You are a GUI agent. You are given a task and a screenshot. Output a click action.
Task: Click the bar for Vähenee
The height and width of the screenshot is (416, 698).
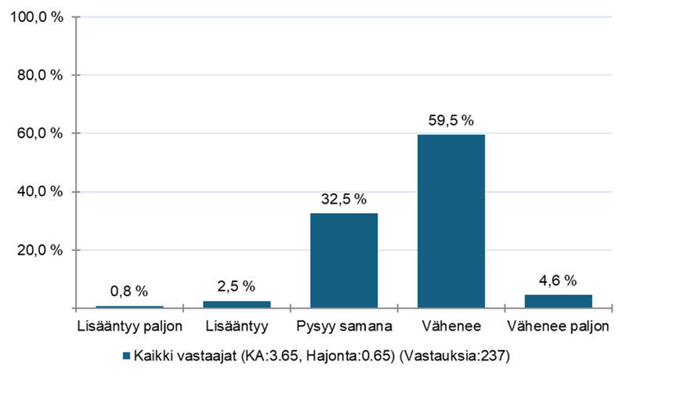click(451, 221)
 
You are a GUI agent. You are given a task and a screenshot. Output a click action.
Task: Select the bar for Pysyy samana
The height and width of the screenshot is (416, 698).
click(344, 260)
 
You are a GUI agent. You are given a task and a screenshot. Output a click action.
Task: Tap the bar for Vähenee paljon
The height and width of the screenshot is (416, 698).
click(558, 301)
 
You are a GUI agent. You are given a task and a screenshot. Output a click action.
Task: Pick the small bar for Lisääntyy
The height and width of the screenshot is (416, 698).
click(237, 304)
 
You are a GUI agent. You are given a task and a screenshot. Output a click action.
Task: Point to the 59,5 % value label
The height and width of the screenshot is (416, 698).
click(451, 121)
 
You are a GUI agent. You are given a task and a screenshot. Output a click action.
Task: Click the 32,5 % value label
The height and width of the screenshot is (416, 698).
click(344, 199)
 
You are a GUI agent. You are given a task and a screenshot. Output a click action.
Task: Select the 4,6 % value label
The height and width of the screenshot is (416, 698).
click(558, 280)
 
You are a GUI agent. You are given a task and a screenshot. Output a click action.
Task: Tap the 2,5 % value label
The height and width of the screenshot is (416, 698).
click(237, 287)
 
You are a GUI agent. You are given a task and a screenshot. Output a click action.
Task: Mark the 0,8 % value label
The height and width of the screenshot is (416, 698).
click(129, 291)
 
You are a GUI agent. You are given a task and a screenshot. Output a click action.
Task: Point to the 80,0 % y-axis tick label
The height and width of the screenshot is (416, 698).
click(36, 75)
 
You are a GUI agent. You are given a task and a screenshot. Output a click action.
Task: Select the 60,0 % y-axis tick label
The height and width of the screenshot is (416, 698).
click(36, 133)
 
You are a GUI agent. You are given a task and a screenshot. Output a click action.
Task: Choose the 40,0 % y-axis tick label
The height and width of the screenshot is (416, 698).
click(36, 192)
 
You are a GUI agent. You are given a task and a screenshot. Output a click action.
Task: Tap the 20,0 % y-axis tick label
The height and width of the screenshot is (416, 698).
click(36, 250)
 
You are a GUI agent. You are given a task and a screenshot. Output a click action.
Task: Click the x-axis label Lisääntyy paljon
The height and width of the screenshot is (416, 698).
click(129, 324)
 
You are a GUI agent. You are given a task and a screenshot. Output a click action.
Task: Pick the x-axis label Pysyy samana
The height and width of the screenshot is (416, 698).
click(344, 324)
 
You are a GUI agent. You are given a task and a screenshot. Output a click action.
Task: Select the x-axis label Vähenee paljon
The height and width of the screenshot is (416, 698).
click(558, 324)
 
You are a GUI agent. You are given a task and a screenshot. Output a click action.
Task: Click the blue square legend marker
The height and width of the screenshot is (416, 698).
click(127, 356)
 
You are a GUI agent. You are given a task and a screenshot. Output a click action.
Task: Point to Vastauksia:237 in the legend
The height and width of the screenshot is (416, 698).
click(454, 356)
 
